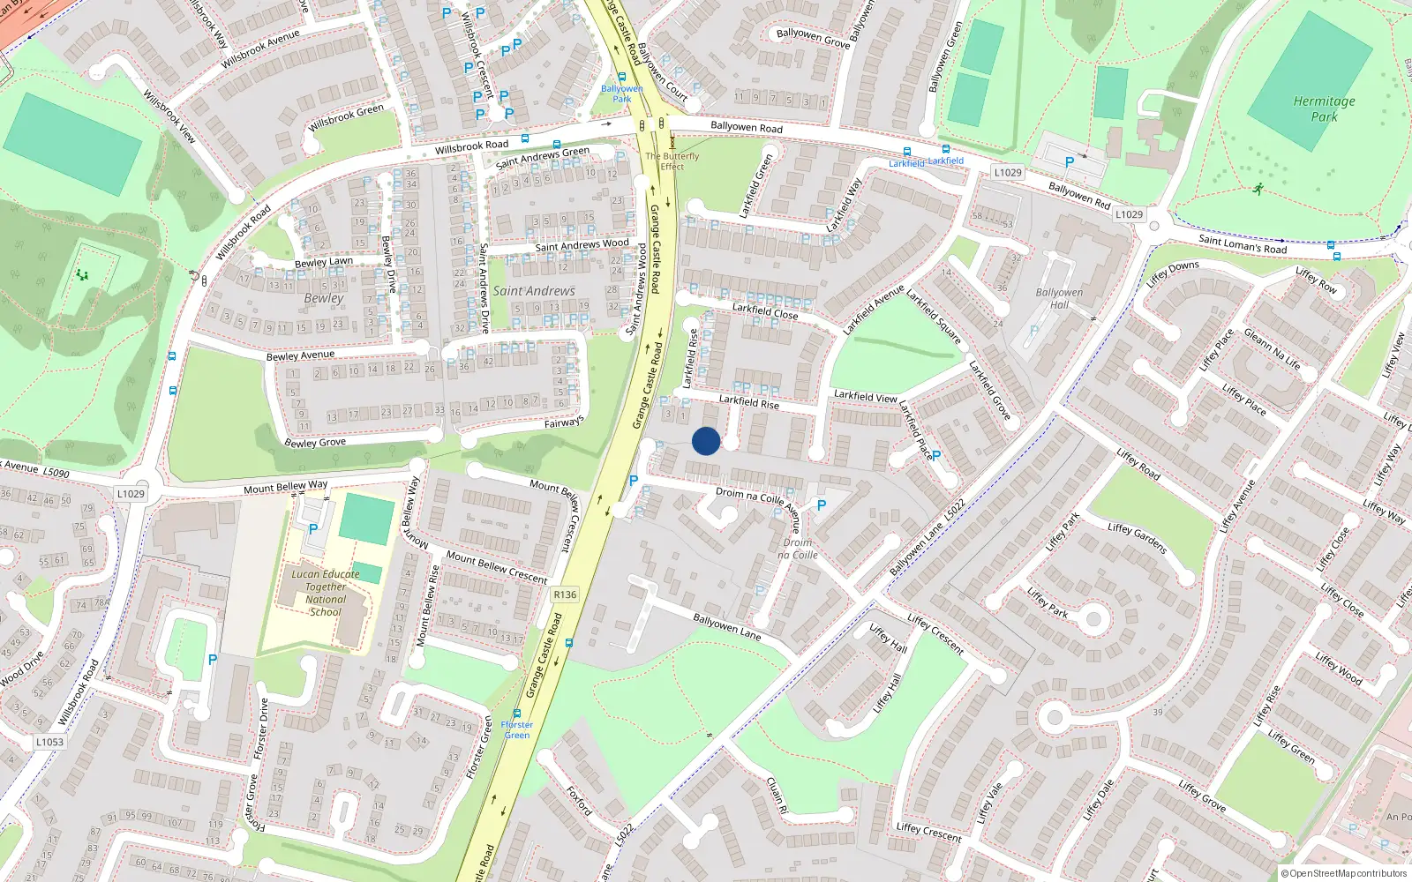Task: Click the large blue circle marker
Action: point(705,441)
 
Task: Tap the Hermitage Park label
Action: point(1324,108)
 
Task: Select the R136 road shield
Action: point(565,594)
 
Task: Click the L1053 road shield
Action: point(49,742)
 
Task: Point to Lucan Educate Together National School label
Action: point(326,593)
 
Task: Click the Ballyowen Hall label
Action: point(1059,298)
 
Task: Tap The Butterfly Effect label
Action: point(672,161)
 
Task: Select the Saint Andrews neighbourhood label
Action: point(534,291)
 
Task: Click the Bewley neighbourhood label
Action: point(324,298)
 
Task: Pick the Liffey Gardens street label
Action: point(1137,538)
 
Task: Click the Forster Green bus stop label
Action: point(517,729)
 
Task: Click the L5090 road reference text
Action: point(56,473)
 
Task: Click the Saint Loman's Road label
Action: point(1243,244)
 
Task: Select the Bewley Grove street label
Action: point(315,442)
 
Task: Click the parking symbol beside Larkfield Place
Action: point(936,456)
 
